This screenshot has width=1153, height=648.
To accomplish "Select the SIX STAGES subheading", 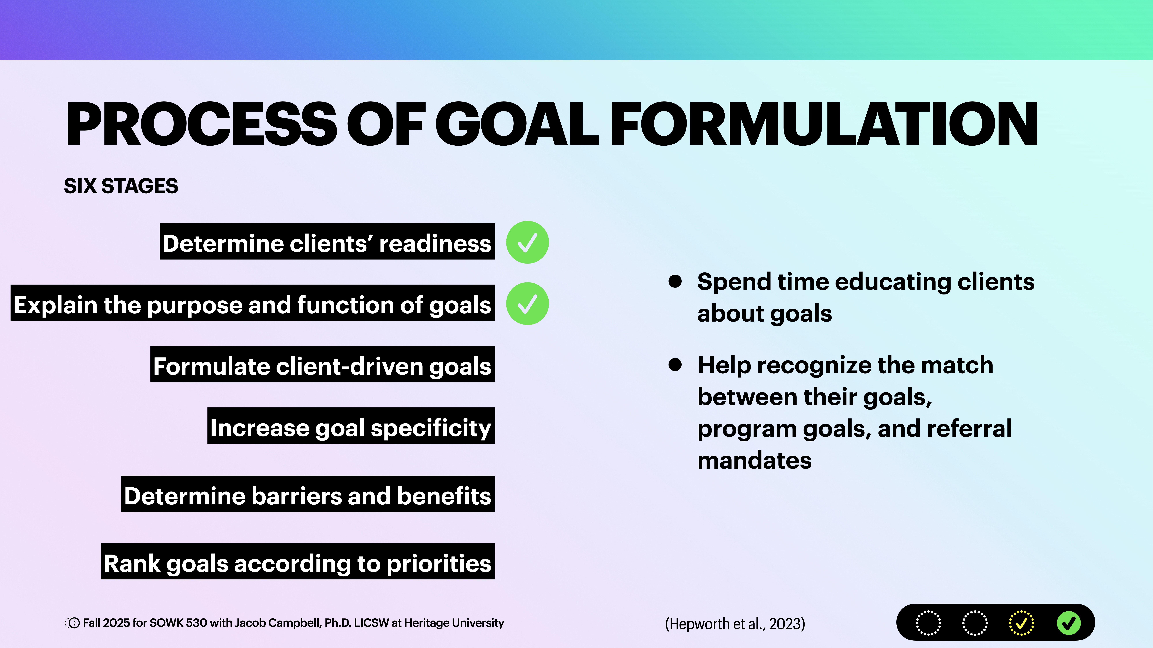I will (121, 186).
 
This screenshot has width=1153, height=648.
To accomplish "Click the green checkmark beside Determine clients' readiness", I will (527, 242).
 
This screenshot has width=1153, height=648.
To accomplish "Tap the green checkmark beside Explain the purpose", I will (527, 304).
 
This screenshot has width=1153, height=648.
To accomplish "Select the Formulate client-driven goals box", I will (322, 364).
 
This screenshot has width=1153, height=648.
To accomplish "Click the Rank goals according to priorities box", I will (298, 562).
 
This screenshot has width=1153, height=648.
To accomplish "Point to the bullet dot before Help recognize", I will (675, 365).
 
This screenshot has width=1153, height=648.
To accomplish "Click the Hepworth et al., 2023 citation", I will (735, 623).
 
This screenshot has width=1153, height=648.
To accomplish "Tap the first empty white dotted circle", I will (928, 623).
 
